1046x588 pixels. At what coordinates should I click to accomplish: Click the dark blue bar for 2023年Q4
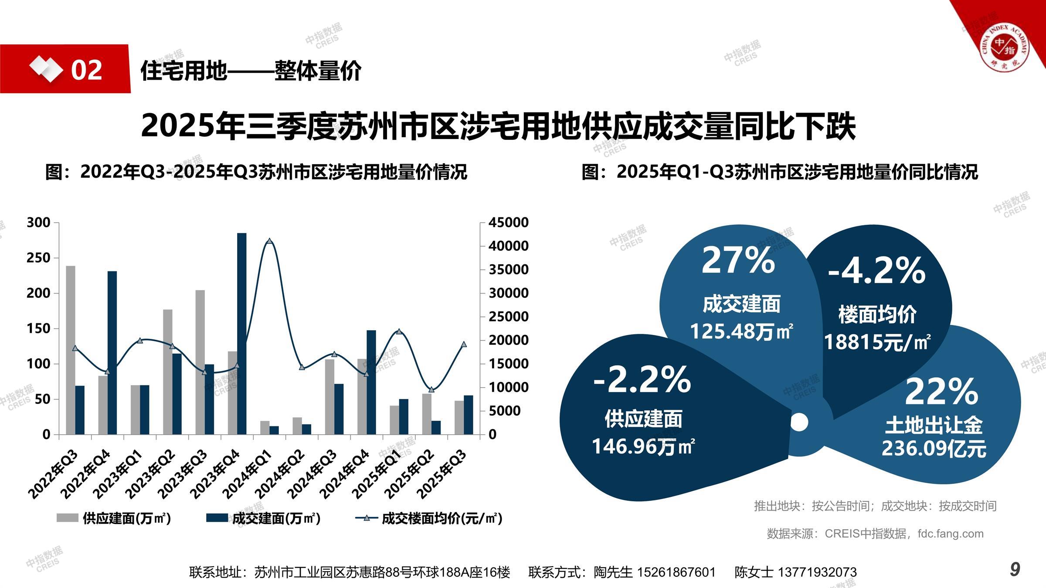pyautogui.click(x=241, y=333)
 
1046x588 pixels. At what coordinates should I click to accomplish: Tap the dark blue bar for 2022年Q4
pyautogui.click(x=112, y=352)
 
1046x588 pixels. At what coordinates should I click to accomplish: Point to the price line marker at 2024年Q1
pyautogui.click(x=269, y=241)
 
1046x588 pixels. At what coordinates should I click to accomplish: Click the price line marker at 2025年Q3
pyautogui.click(x=464, y=344)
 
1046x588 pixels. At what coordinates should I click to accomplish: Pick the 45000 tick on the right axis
pyautogui.click(x=508, y=223)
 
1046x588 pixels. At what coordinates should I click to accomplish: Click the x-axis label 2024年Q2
pyautogui.click(x=280, y=474)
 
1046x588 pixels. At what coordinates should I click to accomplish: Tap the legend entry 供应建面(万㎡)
pyautogui.click(x=114, y=518)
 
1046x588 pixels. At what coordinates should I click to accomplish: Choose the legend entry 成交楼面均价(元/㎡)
pyautogui.click(x=429, y=518)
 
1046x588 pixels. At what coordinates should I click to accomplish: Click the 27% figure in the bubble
pyautogui.click(x=738, y=260)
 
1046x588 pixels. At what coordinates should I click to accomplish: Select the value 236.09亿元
pyautogui.click(x=934, y=448)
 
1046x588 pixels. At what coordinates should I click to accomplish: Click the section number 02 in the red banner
pyautogui.click(x=86, y=70)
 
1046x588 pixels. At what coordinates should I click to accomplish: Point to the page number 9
pyautogui.click(x=1015, y=569)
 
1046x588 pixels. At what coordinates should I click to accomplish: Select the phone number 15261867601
pyautogui.click(x=676, y=572)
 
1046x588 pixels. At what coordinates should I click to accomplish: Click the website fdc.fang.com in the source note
pyautogui.click(x=950, y=534)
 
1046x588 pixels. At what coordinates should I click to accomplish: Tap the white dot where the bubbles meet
pyautogui.click(x=799, y=422)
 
